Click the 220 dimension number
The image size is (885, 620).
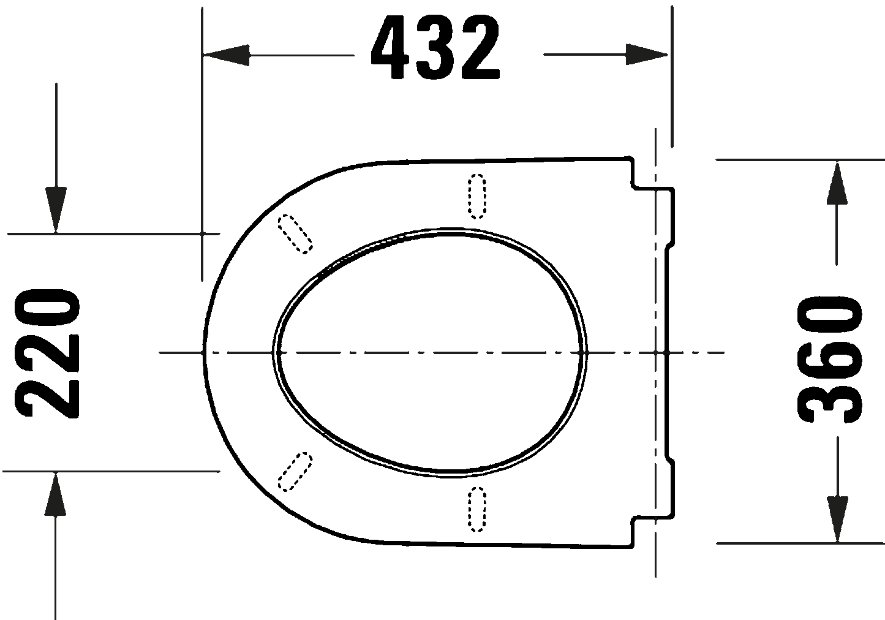(x=47, y=353)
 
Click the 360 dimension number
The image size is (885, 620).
(x=830, y=360)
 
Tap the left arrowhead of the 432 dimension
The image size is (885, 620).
(x=226, y=55)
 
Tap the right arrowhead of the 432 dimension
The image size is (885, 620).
(x=646, y=55)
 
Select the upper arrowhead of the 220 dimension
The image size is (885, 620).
(x=56, y=210)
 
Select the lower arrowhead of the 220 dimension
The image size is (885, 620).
(x=55, y=495)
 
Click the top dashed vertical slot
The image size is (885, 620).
(x=477, y=196)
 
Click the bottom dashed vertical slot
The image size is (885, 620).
(x=477, y=509)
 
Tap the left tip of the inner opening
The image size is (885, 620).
(x=273, y=352)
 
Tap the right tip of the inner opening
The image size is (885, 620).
(x=586, y=352)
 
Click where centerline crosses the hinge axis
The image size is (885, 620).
(x=655, y=352)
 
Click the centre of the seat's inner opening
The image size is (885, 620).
(x=430, y=352)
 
